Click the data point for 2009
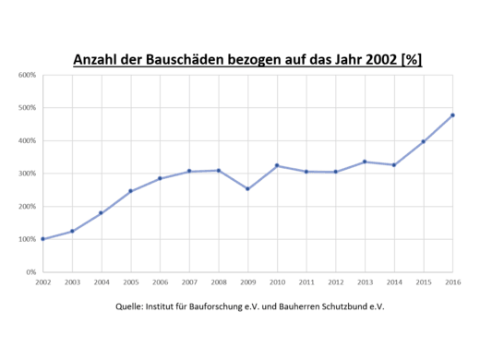[247, 188]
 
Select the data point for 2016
[452, 115]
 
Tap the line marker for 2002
[42, 239]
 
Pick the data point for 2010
[277, 165]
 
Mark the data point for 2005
[130, 191]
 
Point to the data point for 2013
[365, 162]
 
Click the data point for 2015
[423, 141]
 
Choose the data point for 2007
[189, 171]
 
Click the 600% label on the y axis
[27, 75]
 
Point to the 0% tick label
[30, 272]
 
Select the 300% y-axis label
[27, 174]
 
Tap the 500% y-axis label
[27, 108]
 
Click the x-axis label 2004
[101, 282]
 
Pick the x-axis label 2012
[335, 282]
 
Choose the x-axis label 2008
[218, 282]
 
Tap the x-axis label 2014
[394, 282]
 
